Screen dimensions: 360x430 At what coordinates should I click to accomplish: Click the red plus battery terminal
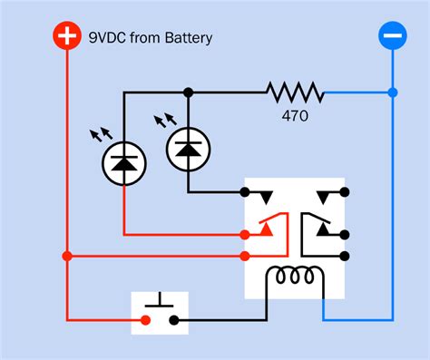pos(65,37)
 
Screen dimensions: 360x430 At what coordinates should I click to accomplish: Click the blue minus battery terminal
pos(392,37)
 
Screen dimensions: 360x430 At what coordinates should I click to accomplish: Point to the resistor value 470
pos(295,116)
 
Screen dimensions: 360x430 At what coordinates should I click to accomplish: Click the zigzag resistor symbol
pos(295,92)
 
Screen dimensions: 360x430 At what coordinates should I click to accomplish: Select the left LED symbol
pos(122,163)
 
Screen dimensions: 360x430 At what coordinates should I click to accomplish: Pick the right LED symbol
pos(188,146)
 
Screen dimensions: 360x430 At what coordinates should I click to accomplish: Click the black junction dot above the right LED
pos(188,92)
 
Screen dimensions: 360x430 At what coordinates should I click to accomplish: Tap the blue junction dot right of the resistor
pos(392,92)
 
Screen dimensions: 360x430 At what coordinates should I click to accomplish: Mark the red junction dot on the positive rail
pos(65,257)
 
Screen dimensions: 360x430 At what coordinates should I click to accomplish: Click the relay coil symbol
pos(291,276)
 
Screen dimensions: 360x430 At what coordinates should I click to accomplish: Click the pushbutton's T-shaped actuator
pos(160,300)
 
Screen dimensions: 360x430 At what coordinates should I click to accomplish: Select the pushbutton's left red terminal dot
pos(145,319)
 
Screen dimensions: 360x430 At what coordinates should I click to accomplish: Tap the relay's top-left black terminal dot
pos(245,192)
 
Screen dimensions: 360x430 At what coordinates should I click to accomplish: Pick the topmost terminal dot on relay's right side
pos(344,192)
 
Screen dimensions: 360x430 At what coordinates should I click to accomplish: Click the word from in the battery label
pos(143,38)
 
